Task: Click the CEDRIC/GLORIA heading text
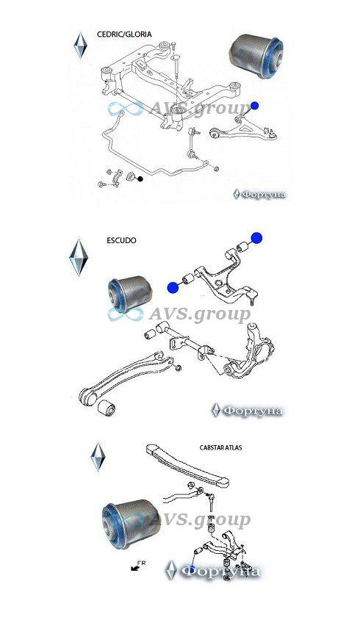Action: tap(124, 35)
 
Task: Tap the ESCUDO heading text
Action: tap(121, 240)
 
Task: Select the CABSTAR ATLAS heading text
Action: tap(220, 447)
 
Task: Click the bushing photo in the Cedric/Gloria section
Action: tap(256, 56)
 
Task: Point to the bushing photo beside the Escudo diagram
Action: tap(130, 294)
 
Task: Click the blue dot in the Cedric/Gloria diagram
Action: tap(254, 106)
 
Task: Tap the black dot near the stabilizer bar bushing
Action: tap(140, 179)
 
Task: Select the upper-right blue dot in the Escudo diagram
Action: tap(256, 238)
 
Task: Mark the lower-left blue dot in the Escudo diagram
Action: tap(173, 288)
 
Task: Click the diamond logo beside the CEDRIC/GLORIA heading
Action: tap(80, 46)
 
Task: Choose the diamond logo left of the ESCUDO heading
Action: tap(79, 257)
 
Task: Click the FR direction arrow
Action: tap(136, 566)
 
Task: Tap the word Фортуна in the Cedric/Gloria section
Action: tap(264, 195)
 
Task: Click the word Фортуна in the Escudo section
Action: tap(253, 411)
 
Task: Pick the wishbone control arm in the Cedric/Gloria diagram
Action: tap(243, 128)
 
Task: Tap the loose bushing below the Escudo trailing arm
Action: tap(107, 408)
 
